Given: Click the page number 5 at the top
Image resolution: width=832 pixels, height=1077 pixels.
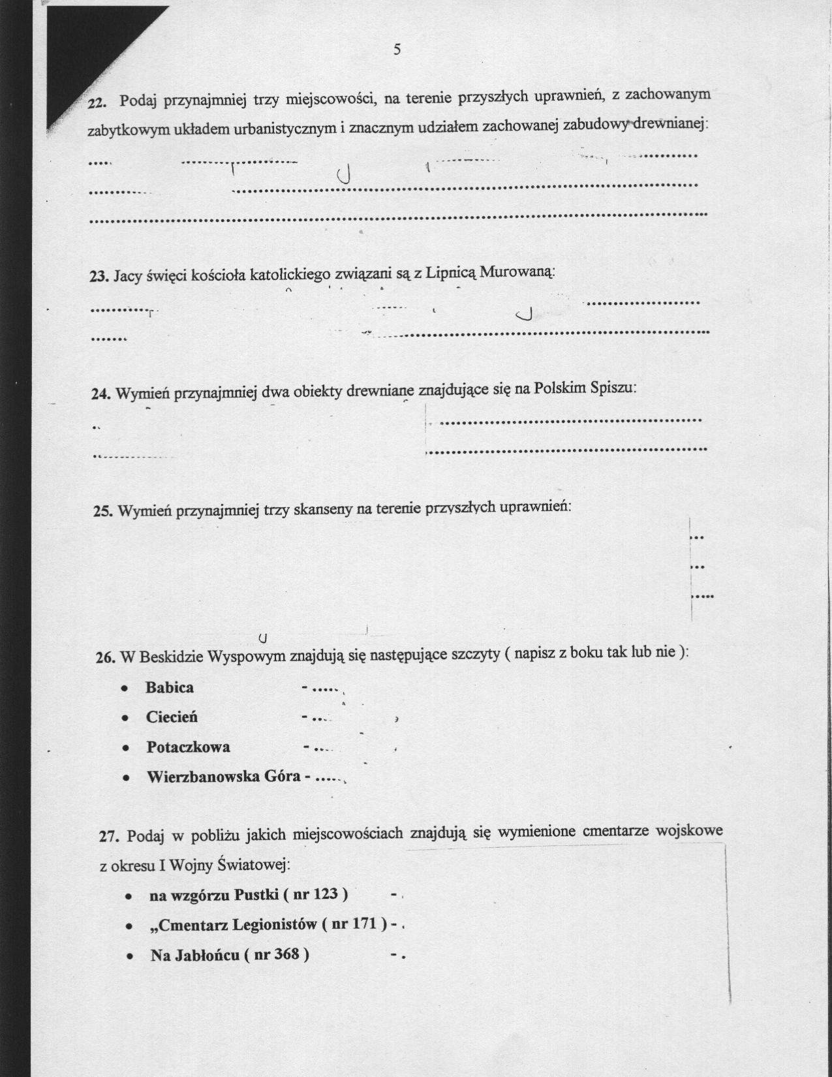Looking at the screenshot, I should click(397, 50).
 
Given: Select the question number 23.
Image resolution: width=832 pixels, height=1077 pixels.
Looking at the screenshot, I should click(99, 276).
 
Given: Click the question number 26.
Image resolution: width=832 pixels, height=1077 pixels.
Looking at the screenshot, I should click(105, 657).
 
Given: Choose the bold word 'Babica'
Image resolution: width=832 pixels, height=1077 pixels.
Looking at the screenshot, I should click(170, 687).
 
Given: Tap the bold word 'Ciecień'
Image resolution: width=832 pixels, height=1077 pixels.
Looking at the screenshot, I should click(172, 717).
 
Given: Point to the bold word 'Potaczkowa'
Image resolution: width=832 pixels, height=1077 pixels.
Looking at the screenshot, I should click(188, 747).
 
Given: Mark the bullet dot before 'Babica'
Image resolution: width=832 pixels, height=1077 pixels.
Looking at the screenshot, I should click(124, 689).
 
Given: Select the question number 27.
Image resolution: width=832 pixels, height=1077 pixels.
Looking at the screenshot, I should click(108, 837).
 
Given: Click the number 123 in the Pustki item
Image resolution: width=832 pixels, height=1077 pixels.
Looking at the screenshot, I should click(325, 894).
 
